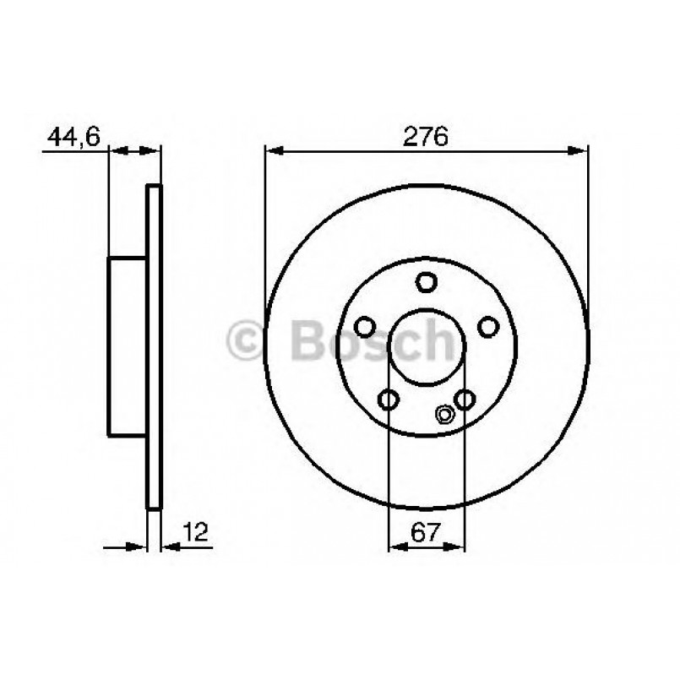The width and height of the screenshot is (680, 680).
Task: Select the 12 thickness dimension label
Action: click(193, 531)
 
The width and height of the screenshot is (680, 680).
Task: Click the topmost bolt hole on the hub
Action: click(427, 283)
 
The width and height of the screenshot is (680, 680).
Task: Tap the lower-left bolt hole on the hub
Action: click(389, 400)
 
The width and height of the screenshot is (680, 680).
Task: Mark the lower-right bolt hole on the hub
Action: click(465, 400)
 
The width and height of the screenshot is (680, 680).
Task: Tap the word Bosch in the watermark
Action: click(372, 340)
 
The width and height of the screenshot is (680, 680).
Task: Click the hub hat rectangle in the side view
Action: click(128, 346)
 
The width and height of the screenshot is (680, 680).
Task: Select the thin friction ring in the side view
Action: click(154, 346)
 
